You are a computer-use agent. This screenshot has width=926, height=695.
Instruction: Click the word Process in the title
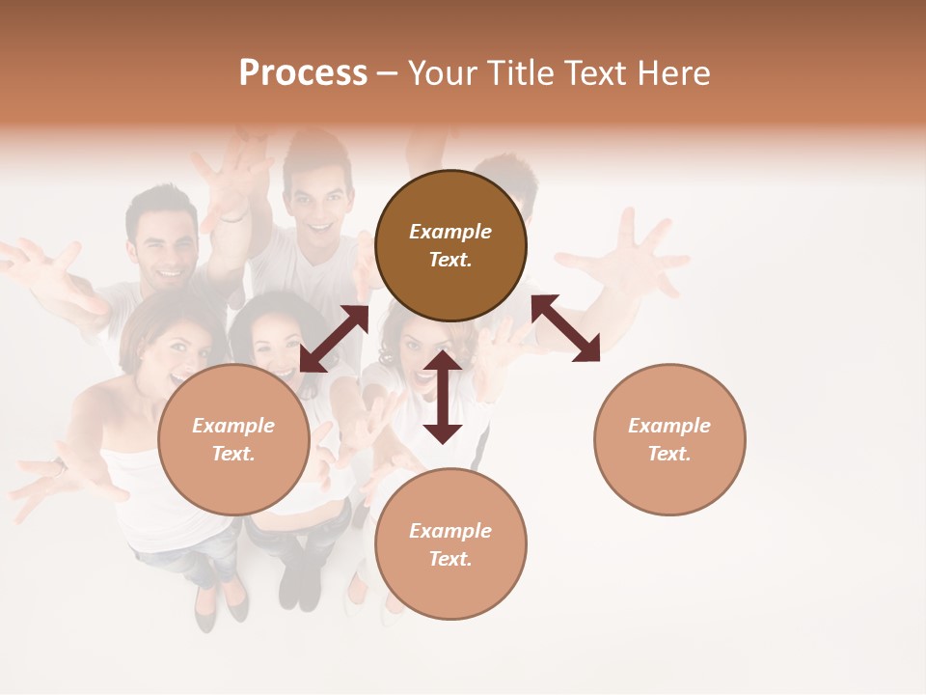pos(303,73)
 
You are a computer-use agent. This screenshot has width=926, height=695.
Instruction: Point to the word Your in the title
pos(442,73)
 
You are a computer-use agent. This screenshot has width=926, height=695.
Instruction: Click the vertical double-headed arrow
pos(443,397)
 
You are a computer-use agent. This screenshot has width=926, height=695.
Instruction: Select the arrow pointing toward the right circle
pos(566,328)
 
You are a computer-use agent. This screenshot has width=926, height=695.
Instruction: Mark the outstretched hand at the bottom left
pos(43,483)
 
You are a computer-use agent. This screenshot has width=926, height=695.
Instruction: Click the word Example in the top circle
pos(450,232)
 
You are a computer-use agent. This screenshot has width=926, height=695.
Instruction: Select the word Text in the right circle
pos(669,454)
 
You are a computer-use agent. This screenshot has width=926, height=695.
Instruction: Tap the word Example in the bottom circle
pos(450,531)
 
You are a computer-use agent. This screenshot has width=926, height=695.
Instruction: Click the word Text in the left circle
pos(233,454)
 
